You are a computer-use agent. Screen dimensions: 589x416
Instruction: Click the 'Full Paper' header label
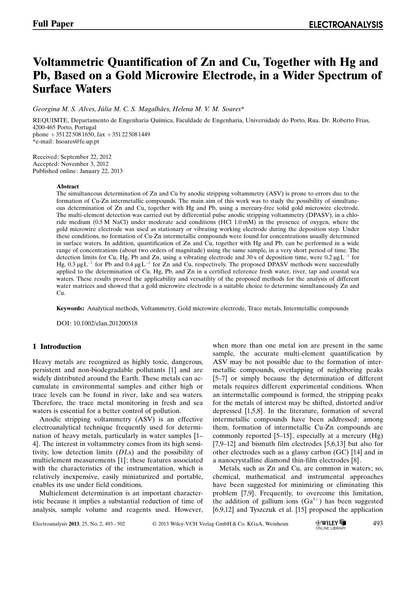click(x=53, y=24)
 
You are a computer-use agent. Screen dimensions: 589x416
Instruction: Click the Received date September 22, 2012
click(x=85, y=157)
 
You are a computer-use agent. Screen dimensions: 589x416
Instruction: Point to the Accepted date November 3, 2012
click(x=84, y=164)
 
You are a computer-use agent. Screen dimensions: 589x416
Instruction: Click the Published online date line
click(x=77, y=171)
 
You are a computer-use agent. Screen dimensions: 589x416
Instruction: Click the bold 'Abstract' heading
click(x=67, y=186)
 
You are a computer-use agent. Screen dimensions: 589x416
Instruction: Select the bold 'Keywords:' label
click(x=70, y=308)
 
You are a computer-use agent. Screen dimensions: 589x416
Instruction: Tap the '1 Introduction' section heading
click(x=57, y=347)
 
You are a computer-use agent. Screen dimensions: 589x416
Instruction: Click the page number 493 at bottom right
click(x=377, y=523)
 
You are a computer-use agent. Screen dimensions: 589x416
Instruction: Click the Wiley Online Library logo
click(x=331, y=524)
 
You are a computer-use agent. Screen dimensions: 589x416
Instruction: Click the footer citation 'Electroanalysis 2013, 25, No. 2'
click(x=79, y=524)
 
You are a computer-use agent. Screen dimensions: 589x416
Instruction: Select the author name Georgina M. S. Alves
click(x=64, y=109)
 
